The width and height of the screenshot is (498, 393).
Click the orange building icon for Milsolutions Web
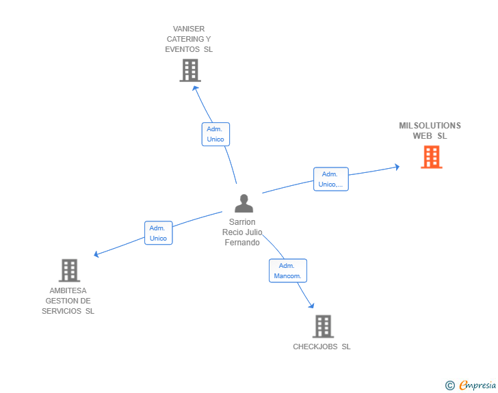[431, 157]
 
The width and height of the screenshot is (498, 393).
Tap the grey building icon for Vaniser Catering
[189, 70]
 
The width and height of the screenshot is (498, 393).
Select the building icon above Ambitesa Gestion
[69, 270]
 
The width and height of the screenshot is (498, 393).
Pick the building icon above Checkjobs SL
[323, 326]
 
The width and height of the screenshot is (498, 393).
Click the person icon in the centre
[244, 203]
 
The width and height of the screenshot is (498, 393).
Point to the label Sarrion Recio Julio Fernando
[242, 232]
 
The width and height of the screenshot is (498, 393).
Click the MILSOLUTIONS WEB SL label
[430, 131]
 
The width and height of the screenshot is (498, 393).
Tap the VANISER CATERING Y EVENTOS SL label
[189, 39]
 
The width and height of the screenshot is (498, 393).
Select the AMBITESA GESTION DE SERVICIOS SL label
[68, 301]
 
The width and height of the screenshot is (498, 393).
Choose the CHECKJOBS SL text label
[322, 347]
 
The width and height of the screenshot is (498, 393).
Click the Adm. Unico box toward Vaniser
[215, 134]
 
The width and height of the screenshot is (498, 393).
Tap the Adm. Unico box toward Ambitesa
[158, 233]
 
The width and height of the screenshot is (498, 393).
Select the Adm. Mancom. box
[287, 271]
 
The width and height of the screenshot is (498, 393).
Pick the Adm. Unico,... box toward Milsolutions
[330, 179]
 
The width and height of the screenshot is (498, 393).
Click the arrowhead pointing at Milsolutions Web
[397, 167]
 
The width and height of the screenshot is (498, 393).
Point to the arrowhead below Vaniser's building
[195, 87]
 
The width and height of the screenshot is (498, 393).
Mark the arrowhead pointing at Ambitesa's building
[96, 255]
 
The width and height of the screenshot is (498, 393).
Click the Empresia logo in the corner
[477, 385]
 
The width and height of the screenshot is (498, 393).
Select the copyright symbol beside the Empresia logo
[449, 385]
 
